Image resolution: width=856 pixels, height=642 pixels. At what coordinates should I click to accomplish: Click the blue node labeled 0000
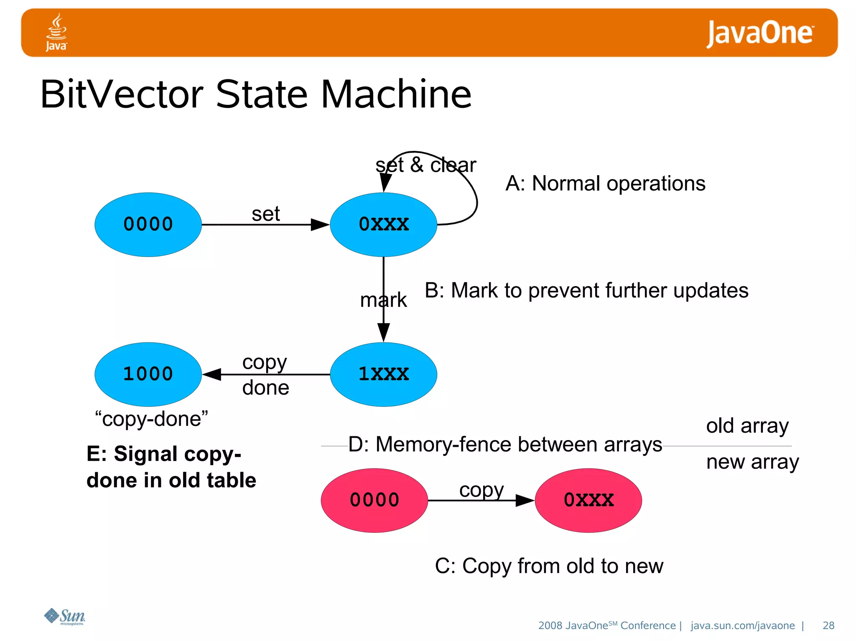point(148,224)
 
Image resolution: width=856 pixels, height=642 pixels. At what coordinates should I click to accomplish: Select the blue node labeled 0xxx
point(383,224)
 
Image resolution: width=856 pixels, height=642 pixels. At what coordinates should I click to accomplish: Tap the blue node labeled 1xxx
point(383,374)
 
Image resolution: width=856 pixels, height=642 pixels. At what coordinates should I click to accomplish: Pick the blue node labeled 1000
point(148,374)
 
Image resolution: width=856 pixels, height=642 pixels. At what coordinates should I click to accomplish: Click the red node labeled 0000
point(374,500)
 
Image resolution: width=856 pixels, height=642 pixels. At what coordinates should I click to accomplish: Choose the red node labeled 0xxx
point(588,500)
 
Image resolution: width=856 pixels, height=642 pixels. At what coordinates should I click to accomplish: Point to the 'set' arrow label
point(265,214)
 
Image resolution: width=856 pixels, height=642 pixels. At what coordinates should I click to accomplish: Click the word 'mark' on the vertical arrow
point(383,300)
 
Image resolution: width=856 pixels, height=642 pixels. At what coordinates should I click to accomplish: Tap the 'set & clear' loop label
point(425,165)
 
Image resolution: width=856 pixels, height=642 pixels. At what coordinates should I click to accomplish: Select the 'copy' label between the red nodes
point(481,490)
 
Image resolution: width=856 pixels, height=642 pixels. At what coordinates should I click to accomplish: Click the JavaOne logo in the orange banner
point(759,33)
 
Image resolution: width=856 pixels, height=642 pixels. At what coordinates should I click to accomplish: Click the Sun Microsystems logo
point(65,617)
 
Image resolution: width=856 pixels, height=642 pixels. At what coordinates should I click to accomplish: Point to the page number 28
point(828,625)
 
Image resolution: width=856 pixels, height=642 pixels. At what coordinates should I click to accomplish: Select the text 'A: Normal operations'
point(605,183)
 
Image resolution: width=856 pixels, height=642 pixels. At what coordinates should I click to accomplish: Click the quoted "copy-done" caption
point(151,419)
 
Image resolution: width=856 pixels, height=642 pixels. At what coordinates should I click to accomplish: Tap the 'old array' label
point(747,426)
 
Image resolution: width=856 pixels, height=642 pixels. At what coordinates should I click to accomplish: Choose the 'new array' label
point(752,462)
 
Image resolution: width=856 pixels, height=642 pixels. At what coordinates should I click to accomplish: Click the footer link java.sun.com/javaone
point(742,625)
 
